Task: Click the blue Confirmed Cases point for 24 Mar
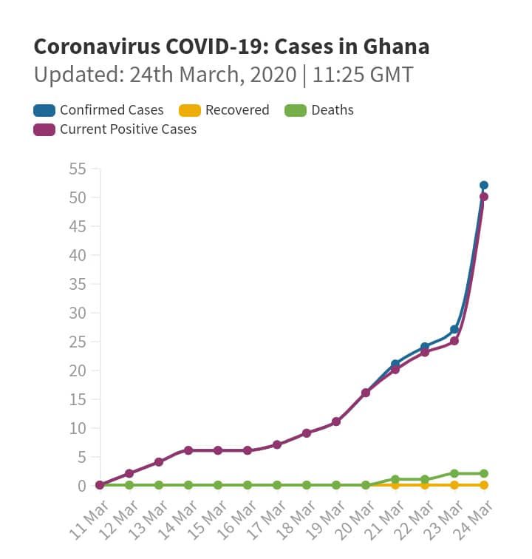pos(483,186)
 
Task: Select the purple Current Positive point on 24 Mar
pos(483,197)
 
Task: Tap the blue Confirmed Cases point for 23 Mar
pos(454,330)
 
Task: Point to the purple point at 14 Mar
pos(188,450)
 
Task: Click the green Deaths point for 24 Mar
pos(483,474)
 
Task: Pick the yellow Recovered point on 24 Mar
pos(483,485)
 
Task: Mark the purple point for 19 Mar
pos(336,421)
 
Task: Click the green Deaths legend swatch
pos(296,110)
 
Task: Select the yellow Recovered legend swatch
pos(190,110)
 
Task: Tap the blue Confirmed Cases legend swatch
pos(44,110)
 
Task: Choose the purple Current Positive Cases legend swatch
pos(44,130)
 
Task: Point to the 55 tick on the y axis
pos(78,169)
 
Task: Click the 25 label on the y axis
pos(78,342)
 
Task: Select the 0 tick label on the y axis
pos(82,486)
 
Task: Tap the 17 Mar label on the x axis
pos(266,520)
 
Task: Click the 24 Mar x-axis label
pos(472,520)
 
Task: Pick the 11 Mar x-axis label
pos(89,520)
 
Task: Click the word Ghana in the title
pos(396,47)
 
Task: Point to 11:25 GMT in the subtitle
pos(363,75)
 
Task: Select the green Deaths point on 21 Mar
pos(395,479)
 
